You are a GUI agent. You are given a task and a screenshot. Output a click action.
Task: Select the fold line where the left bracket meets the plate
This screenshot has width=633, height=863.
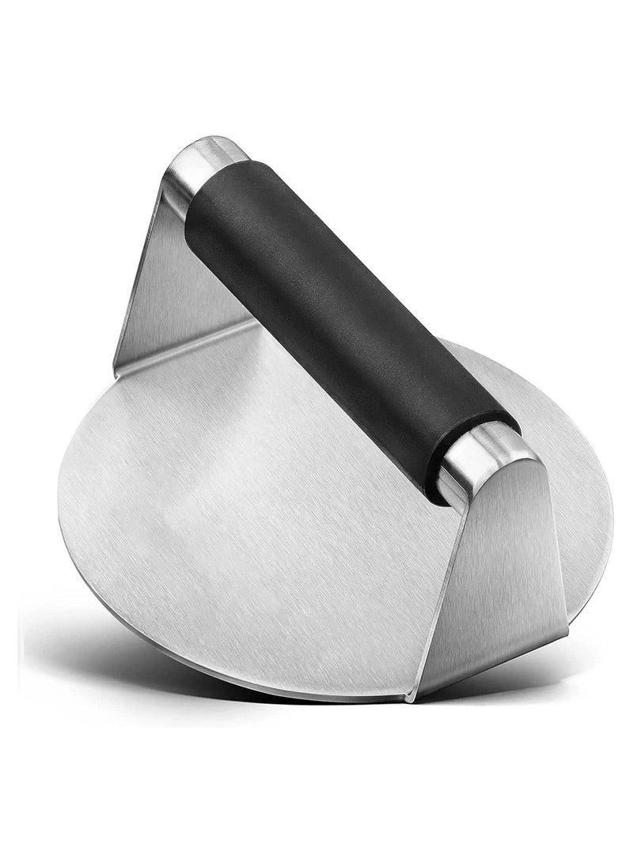pos(190,348)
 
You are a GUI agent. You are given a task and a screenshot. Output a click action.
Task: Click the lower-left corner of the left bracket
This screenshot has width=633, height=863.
pos(117,370)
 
